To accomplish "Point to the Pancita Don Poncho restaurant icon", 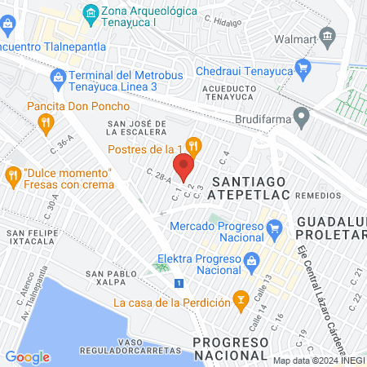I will point(46,124).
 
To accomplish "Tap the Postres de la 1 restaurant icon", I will point(193,146).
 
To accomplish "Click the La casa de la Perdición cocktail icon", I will point(241,301).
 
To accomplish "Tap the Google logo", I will point(28,356).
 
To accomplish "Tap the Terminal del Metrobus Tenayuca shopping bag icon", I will point(58,77).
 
